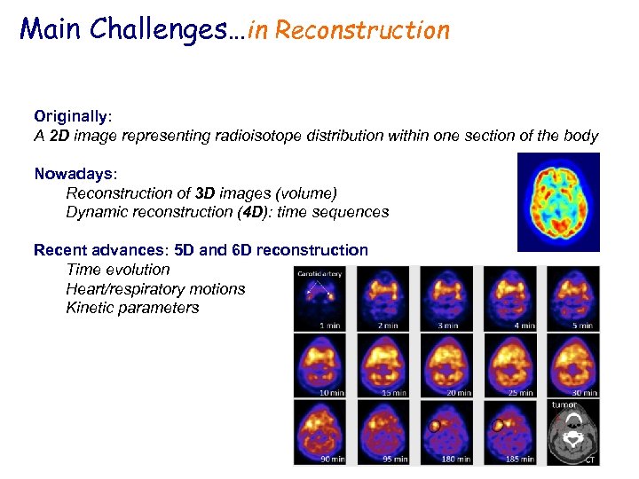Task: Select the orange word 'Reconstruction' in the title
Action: (362, 30)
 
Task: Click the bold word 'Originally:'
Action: (74, 116)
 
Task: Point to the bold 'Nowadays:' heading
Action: (73, 174)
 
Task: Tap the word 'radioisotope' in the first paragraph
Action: (292, 136)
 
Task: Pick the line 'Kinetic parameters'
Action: (132, 308)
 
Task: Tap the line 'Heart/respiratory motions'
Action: (155, 288)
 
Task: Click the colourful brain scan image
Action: (558, 202)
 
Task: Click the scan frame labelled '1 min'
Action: (323, 299)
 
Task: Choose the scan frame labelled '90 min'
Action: (323, 432)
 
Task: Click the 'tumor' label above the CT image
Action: (564, 404)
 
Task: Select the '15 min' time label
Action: (393, 392)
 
